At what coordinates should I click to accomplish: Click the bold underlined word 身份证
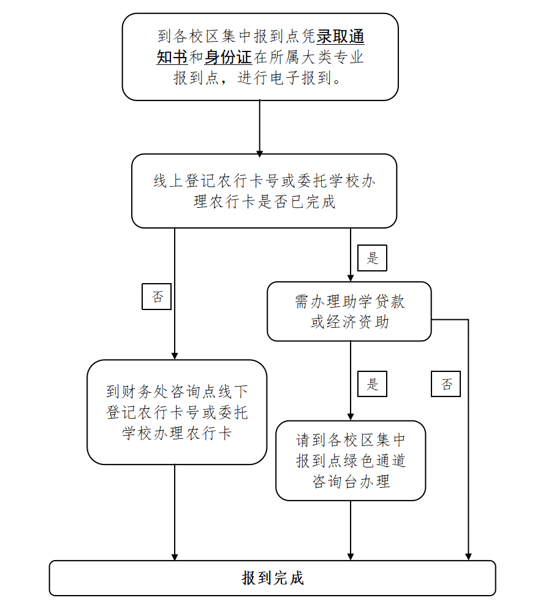(228, 58)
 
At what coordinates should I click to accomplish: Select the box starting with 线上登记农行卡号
(264, 191)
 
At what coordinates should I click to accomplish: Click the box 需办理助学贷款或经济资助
(349, 311)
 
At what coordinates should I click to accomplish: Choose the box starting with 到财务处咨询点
(177, 412)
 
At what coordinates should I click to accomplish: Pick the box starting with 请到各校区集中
(351, 460)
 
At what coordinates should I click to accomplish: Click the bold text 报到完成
(273, 578)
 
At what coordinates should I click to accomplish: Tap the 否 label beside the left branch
(157, 297)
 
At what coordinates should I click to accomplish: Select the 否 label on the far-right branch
(446, 384)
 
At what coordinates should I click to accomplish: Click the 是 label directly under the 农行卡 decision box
(373, 258)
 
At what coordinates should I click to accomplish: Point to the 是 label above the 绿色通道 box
(373, 384)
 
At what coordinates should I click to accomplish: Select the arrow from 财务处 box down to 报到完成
(175, 512)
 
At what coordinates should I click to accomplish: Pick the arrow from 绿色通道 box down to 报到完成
(351, 530)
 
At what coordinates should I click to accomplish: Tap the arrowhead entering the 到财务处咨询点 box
(175, 355)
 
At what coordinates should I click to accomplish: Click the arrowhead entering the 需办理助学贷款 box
(351, 278)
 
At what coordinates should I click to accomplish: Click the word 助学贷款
(373, 302)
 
